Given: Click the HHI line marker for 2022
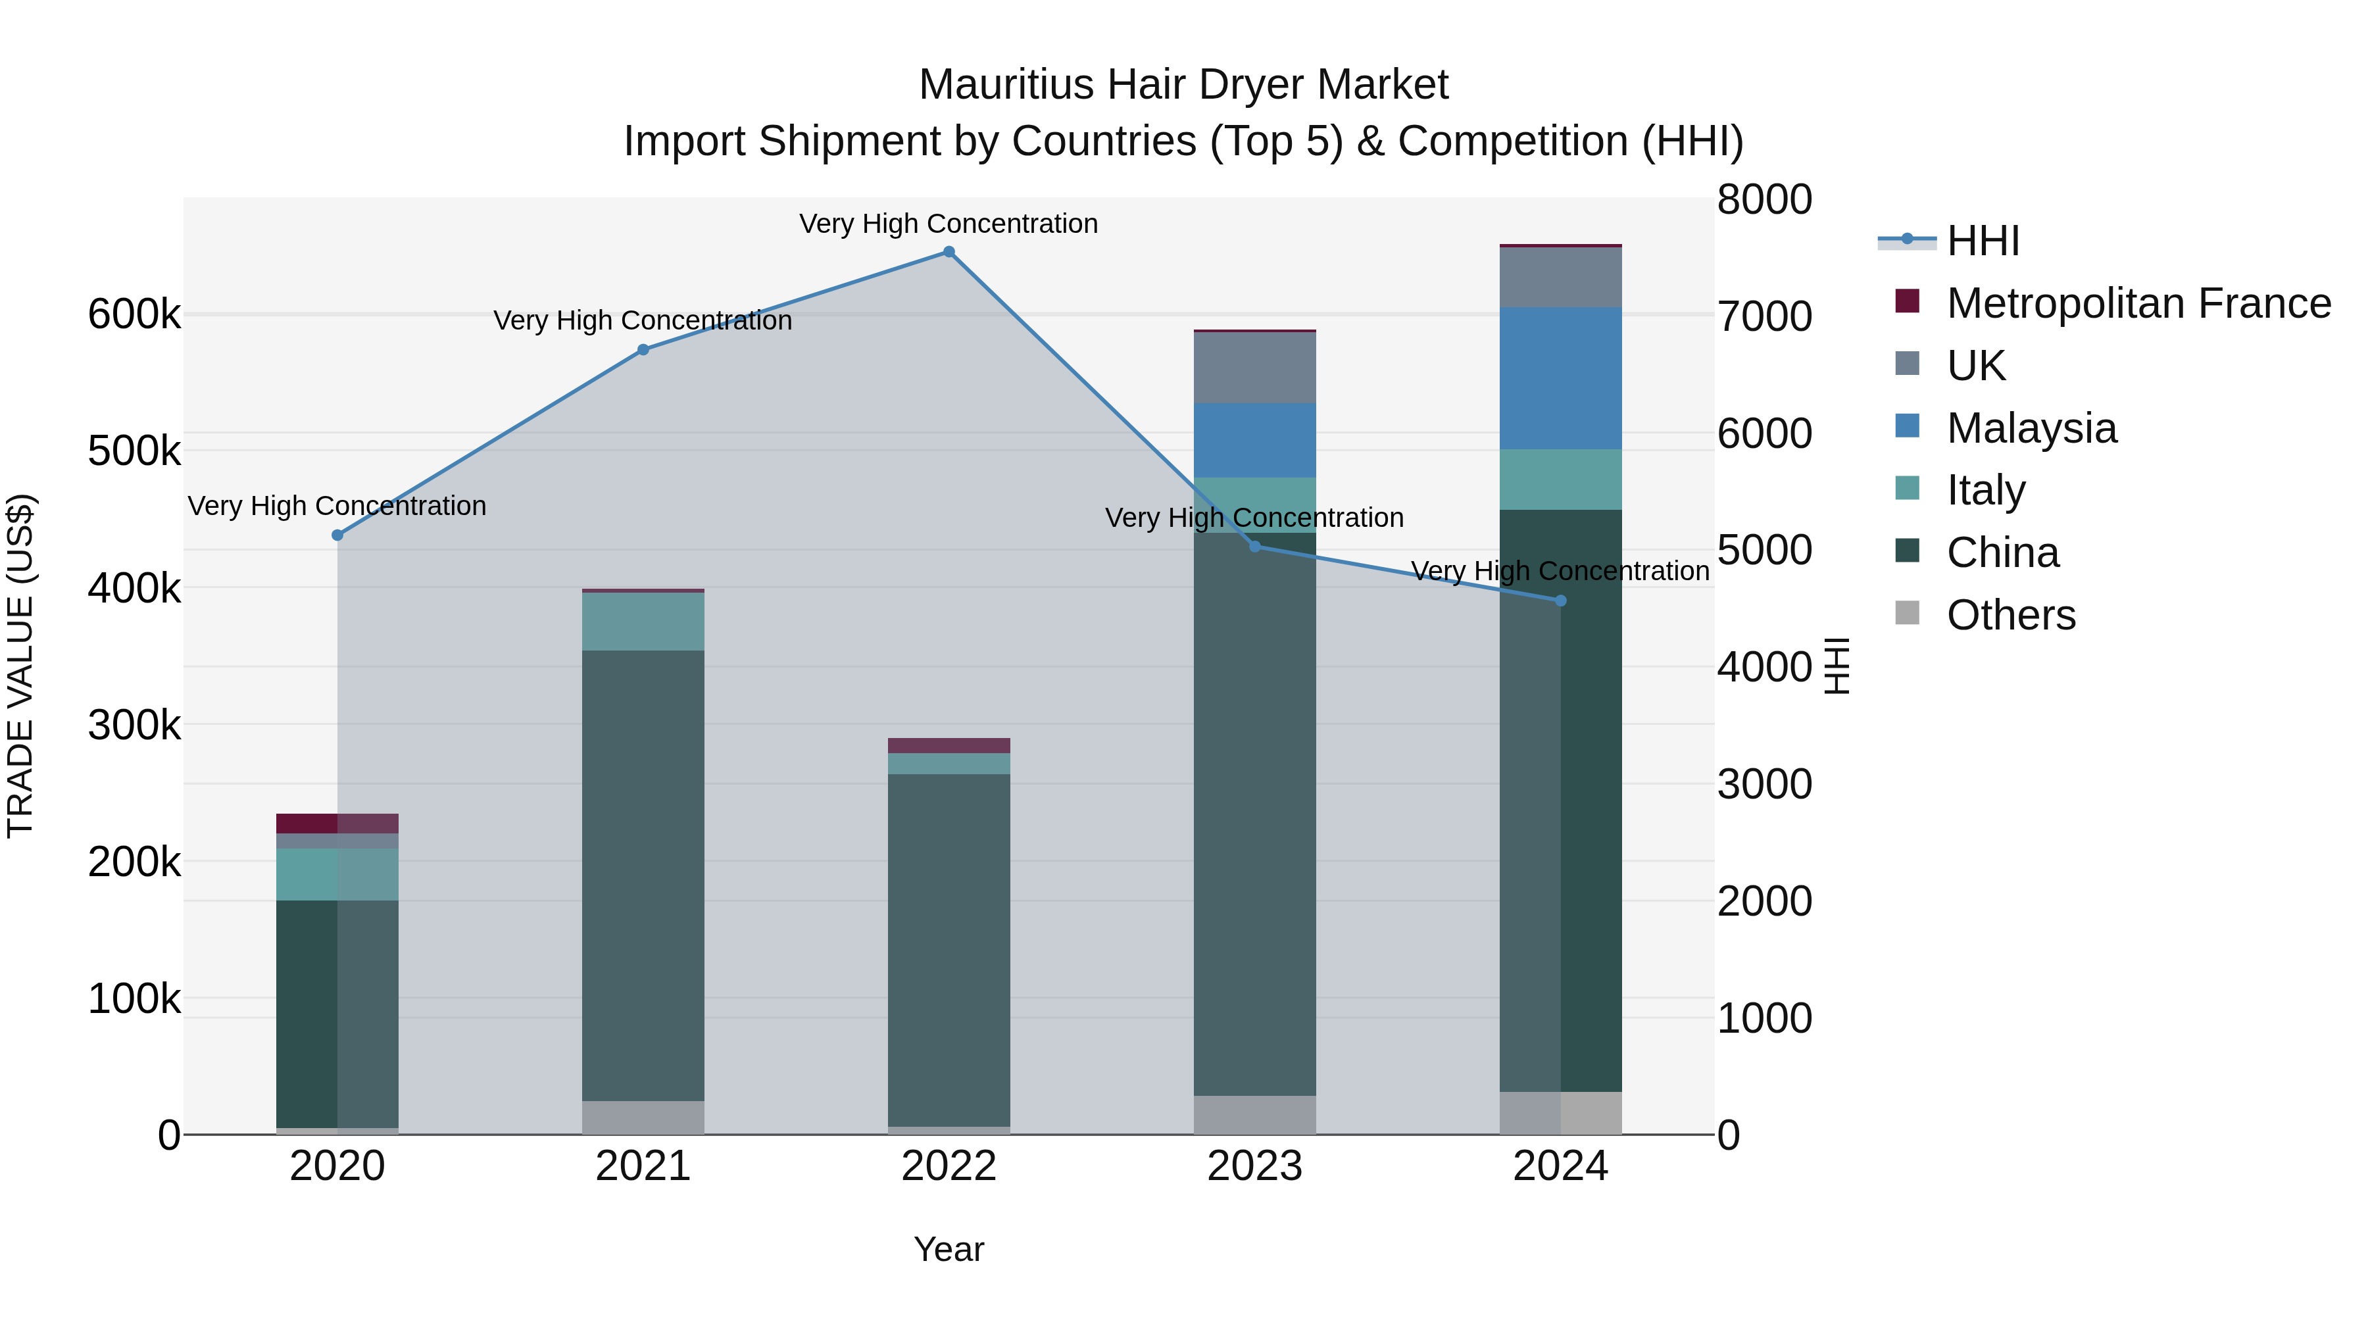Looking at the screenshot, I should [x=949, y=252].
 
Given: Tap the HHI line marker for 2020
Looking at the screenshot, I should [x=337, y=535].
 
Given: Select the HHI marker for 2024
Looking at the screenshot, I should [x=1560, y=601].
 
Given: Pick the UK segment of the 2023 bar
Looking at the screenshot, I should [x=1255, y=368].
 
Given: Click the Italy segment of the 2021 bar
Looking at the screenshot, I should [x=643, y=622].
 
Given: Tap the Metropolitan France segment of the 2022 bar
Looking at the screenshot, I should [x=949, y=745].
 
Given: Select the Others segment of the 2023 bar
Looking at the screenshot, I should [x=1255, y=1114].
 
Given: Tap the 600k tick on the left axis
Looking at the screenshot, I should [x=134, y=314].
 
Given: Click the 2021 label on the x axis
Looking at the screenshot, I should [x=643, y=1166].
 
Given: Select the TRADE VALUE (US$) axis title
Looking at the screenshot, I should [x=20, y=666].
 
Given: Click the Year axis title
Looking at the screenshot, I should [x=949, y=1249].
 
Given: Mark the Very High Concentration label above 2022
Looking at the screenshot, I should [x=949, y=224].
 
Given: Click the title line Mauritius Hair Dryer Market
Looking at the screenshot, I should [x=1183, y=85].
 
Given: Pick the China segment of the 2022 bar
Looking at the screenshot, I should [x=949, y=947].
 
